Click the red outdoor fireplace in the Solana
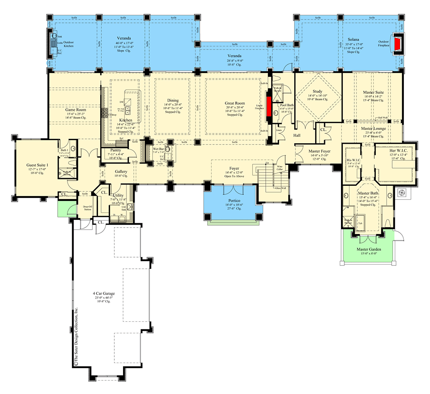pos(399,43)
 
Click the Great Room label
pos(235,103)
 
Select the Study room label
pos(318,92)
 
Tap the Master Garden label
pos(368,249)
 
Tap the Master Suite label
pos(372,92)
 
